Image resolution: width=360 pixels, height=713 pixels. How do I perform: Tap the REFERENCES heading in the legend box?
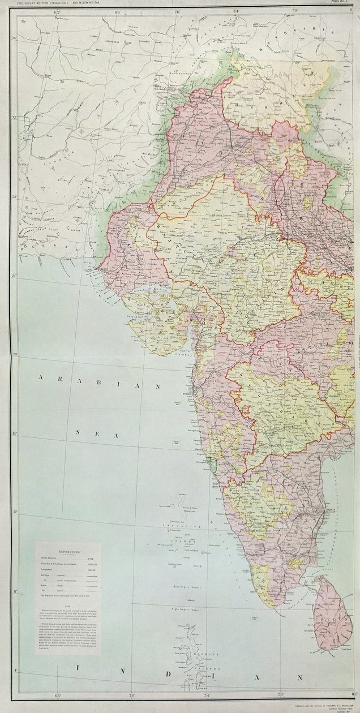click(x=68, y=551)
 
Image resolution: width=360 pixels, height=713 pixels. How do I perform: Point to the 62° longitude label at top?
click(x=57, y=11)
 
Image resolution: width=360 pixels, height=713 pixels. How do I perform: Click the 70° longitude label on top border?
click(x=177, y=11)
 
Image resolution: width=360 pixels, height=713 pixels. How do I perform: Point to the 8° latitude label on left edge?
click(x=16, y=592)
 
